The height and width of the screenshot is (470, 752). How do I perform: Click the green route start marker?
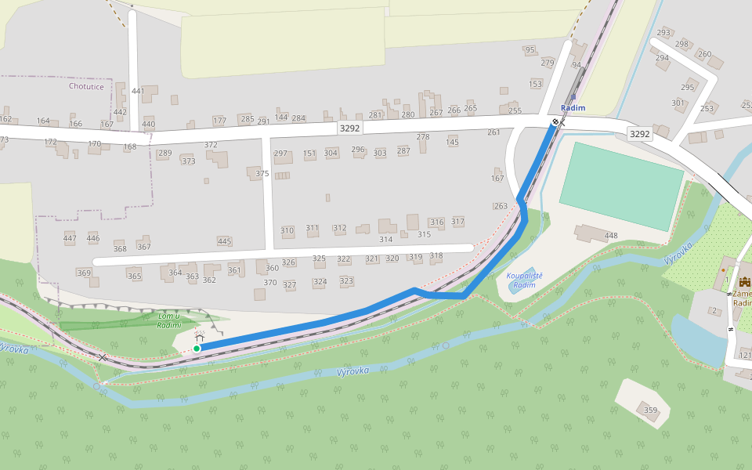pyautogui.click(x=197, y=348)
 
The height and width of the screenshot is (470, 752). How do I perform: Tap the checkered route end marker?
pyautogui.click(x=555, y=121)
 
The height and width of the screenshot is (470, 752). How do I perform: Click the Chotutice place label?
pyautogui.click(x=86, y=86)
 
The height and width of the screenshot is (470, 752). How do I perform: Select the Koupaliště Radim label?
pyautogui.click(x=525, y=280)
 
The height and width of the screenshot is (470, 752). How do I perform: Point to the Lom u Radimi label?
pyautogui.click(x=169, y=320)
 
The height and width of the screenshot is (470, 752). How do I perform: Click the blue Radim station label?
pyautogui.click(x=573, y=107)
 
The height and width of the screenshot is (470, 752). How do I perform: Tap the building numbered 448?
pyautogui.click(x=611, y=235)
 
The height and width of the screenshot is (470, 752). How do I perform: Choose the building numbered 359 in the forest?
pyautogui.click(x=650, y=410)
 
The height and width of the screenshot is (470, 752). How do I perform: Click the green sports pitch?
pyautogui.click(x=622, y=186)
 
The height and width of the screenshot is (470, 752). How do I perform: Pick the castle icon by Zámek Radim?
pyautogui.click(x=743, y=283)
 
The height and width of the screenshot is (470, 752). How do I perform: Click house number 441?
pyautogui.click(x=139, y=92)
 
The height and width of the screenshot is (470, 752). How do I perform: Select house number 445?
pyautogui.click(x=225, y=241)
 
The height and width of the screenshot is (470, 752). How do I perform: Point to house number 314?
pyautogui.click(x=385, y=239)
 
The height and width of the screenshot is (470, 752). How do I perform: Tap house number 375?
pyautogui.click(x=262, y=174)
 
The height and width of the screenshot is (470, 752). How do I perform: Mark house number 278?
pyautogui.click(x=423, y=137)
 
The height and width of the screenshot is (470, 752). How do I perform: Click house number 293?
pyautogui.click(x=663, y=33)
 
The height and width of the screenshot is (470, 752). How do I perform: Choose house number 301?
pyautogui.click(x=678, y=103)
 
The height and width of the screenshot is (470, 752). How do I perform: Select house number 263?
pyautogui.click(x=501, y=206)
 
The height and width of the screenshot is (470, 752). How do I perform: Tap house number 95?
pyautogui.click(x=530, y=50)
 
